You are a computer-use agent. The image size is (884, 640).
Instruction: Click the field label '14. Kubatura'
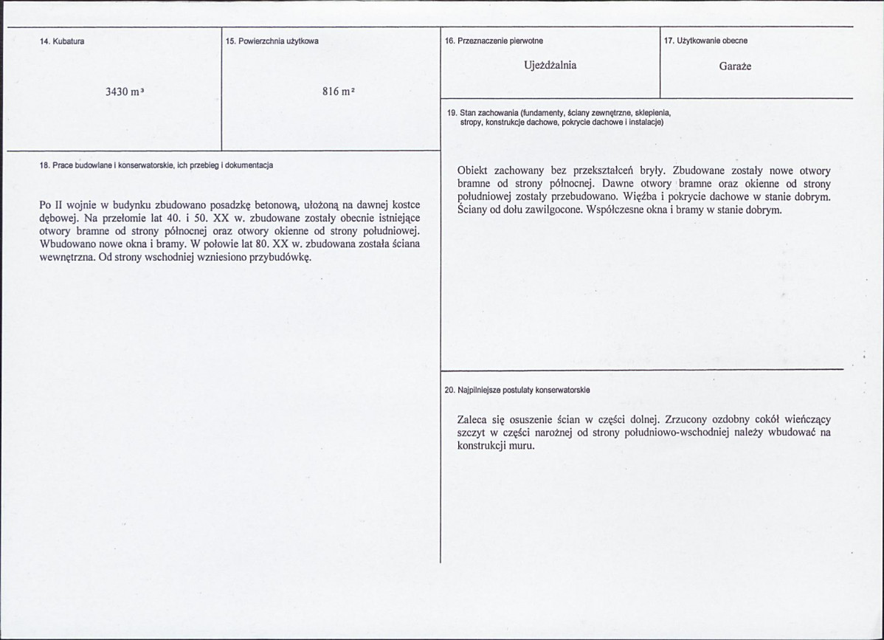pos(62,41)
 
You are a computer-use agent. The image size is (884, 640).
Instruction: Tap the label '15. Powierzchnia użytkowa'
pos(272,41)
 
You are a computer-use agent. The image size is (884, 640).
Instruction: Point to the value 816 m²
pos(339,92)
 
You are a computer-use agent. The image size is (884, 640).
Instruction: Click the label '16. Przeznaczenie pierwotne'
pos(494,41)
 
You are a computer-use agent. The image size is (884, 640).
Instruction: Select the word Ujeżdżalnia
pos(550,65)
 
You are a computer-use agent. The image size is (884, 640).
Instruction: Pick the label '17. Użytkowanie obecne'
pos(705,41)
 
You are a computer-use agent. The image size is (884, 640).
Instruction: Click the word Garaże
pos(735,66)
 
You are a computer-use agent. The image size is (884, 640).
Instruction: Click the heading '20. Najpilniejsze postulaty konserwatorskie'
pos(517,389)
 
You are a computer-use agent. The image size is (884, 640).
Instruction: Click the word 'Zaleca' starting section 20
pos(473,419)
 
